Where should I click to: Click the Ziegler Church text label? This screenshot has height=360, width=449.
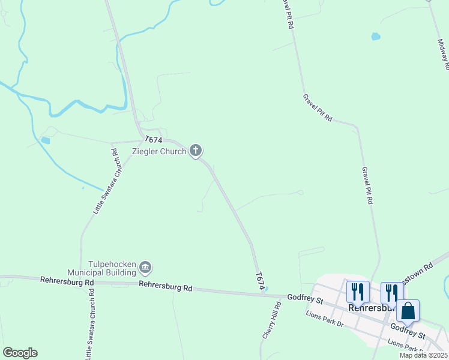click(x=160, y=151)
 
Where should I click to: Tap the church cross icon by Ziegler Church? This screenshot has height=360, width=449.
click(x=196, y=151)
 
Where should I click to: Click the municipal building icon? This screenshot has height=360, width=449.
click(x=146, y=267)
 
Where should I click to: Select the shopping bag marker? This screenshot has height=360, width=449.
click(x=408, y=311)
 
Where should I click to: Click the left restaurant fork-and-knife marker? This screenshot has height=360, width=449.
click(x=358, y=292)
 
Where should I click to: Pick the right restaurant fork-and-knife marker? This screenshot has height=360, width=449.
click(x=392, y=293)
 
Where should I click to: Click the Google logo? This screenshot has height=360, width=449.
click(x=20, y=353)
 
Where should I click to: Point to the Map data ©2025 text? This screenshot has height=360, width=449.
click(x=423, y=355)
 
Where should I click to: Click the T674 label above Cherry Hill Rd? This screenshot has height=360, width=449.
click(x=261, y=281)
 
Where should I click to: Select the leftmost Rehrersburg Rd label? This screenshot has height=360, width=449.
click(x=67, y=281)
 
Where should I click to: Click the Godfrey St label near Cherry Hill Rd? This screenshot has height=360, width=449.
click(x=306, y=298)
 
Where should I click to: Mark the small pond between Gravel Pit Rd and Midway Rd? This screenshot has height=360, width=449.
click(x=376, y=37)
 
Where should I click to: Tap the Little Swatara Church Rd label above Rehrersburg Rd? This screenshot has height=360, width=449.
click(x=107, y=181)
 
